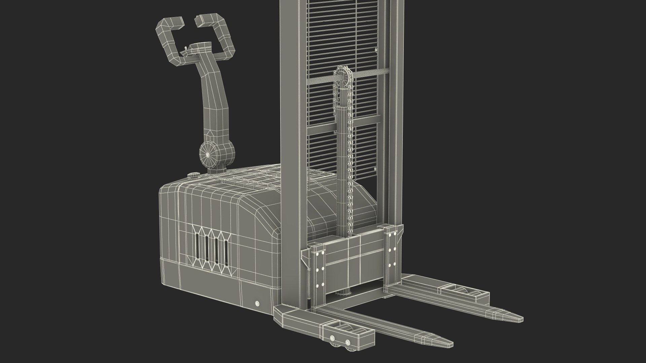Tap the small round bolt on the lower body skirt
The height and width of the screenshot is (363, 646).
(x=257, y=304)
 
